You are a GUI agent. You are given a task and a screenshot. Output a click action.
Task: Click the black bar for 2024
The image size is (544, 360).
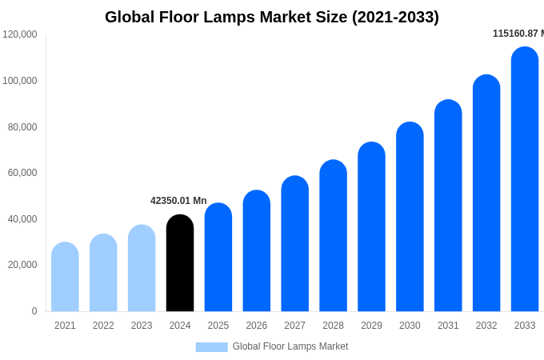(180, 264)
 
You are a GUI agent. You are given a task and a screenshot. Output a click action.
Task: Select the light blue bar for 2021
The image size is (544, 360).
(65, 278)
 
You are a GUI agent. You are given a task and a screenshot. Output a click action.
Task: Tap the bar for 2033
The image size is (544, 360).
(525, 180)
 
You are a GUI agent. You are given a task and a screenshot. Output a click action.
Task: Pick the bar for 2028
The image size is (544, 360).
(333, 236)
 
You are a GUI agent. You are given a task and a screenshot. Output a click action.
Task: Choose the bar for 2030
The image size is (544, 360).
(410, 218)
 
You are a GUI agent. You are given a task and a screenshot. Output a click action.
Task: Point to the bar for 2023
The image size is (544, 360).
(142, 269)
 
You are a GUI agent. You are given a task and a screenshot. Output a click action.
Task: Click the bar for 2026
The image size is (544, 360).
(257, 251)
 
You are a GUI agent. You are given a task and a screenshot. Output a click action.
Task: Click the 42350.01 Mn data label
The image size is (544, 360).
(178, 201)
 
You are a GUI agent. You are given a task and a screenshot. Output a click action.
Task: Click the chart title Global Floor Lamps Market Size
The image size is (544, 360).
(272, 17)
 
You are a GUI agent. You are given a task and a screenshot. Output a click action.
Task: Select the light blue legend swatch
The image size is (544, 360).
(211, 347)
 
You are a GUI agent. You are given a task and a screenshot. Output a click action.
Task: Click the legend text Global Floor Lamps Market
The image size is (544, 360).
(290, 346)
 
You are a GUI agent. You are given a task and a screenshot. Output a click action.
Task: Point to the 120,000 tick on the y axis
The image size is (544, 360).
(20, 34)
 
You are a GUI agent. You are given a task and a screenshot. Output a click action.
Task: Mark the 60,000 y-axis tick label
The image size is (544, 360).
(22, 173)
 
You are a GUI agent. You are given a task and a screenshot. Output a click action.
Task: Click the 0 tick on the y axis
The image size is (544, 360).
(34, 311)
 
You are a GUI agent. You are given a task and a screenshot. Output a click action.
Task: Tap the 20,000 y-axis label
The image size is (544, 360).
(22, 265)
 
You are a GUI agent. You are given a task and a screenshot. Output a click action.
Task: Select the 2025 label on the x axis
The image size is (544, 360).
(218, 326)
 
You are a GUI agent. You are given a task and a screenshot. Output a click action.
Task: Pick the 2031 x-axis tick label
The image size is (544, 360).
(448, 326)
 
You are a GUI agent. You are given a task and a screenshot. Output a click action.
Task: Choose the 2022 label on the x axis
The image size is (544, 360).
(103, 326)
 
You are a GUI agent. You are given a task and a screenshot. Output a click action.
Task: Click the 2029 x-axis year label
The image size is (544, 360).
(371, 326)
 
